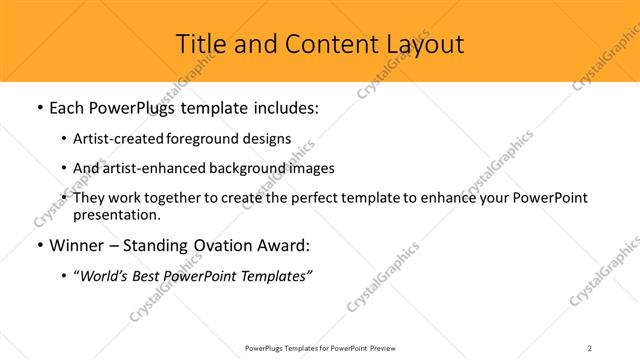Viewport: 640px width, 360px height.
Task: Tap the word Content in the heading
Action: click(x=326, y=44)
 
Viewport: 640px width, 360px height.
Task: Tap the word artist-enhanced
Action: click(x=150, y=168)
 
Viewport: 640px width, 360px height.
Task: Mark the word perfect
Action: click(x=306, y=198)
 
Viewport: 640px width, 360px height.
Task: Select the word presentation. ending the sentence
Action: click(x=116, y=214)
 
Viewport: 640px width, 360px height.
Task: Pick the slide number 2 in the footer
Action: click(x=590, y=347)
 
